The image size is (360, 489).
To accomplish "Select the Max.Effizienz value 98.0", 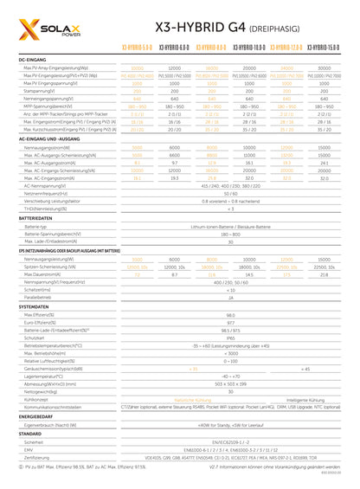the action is [230, 316].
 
